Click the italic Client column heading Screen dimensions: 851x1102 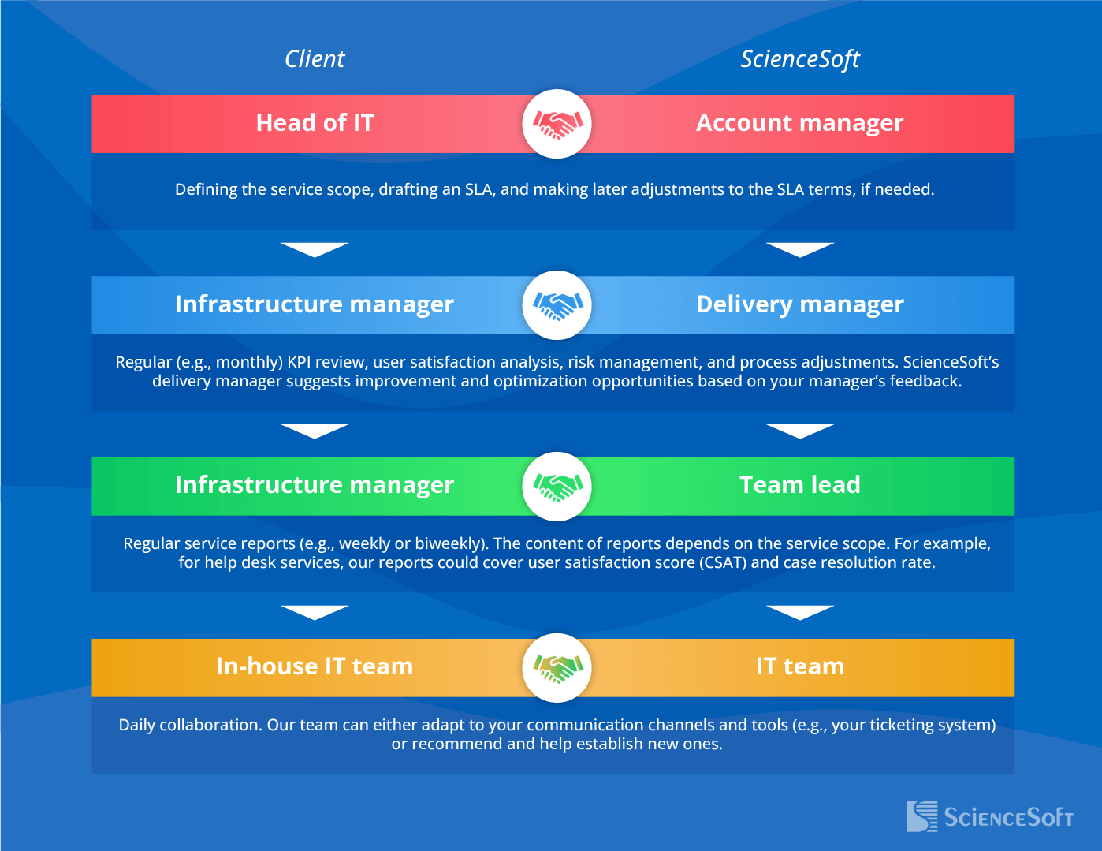[315, 59]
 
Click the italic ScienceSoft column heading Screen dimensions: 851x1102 [799, 59]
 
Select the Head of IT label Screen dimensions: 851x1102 [315, 123]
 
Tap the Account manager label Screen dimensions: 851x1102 [799, 123]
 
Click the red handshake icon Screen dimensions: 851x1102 [557, 124]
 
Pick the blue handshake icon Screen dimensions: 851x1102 [557, 305]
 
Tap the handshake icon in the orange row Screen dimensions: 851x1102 [557, 668]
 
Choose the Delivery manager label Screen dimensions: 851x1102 [799, 304]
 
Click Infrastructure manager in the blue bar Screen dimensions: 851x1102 [315, 304]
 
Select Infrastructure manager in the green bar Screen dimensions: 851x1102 [315, 485]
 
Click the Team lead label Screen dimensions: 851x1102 [799, 485]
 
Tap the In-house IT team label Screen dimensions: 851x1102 [315, 666]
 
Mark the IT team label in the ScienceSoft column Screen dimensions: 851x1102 [799, 666]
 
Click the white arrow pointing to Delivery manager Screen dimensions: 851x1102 [799, 249]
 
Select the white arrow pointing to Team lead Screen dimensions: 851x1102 [799, 431]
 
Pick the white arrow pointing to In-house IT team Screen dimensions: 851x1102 [315, 612]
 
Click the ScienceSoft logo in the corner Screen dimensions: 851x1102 [989, 817]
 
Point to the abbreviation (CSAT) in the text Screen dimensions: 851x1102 [723, 563]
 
